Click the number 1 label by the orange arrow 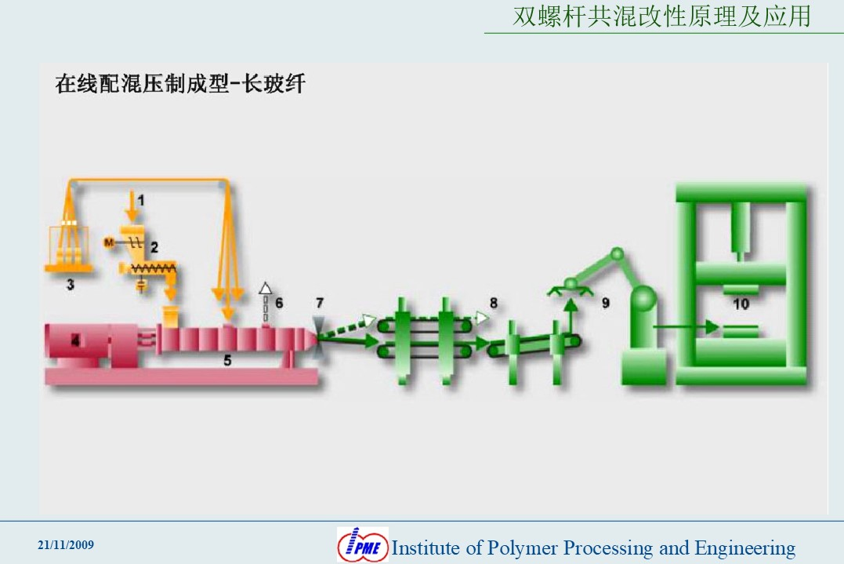[x=141, y=200]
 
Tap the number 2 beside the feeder [x=154, y=247]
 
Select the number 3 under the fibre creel [x=70, y=285]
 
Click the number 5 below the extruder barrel [x=227, y=360]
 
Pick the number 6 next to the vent [x=279, y=303]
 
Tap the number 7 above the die [x=320, y=303]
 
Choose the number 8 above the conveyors [x=494, y=304]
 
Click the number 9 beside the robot [x=606, y=304]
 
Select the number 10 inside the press [x=741, y=304]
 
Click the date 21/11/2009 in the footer [x=66, y=544]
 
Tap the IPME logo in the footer [x=363, y=544]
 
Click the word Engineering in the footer [x=745, y=548]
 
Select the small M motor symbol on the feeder [x=109, y=242]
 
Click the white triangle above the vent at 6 [x=266, y=288]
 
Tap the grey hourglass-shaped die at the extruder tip [x=319, y=337]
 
